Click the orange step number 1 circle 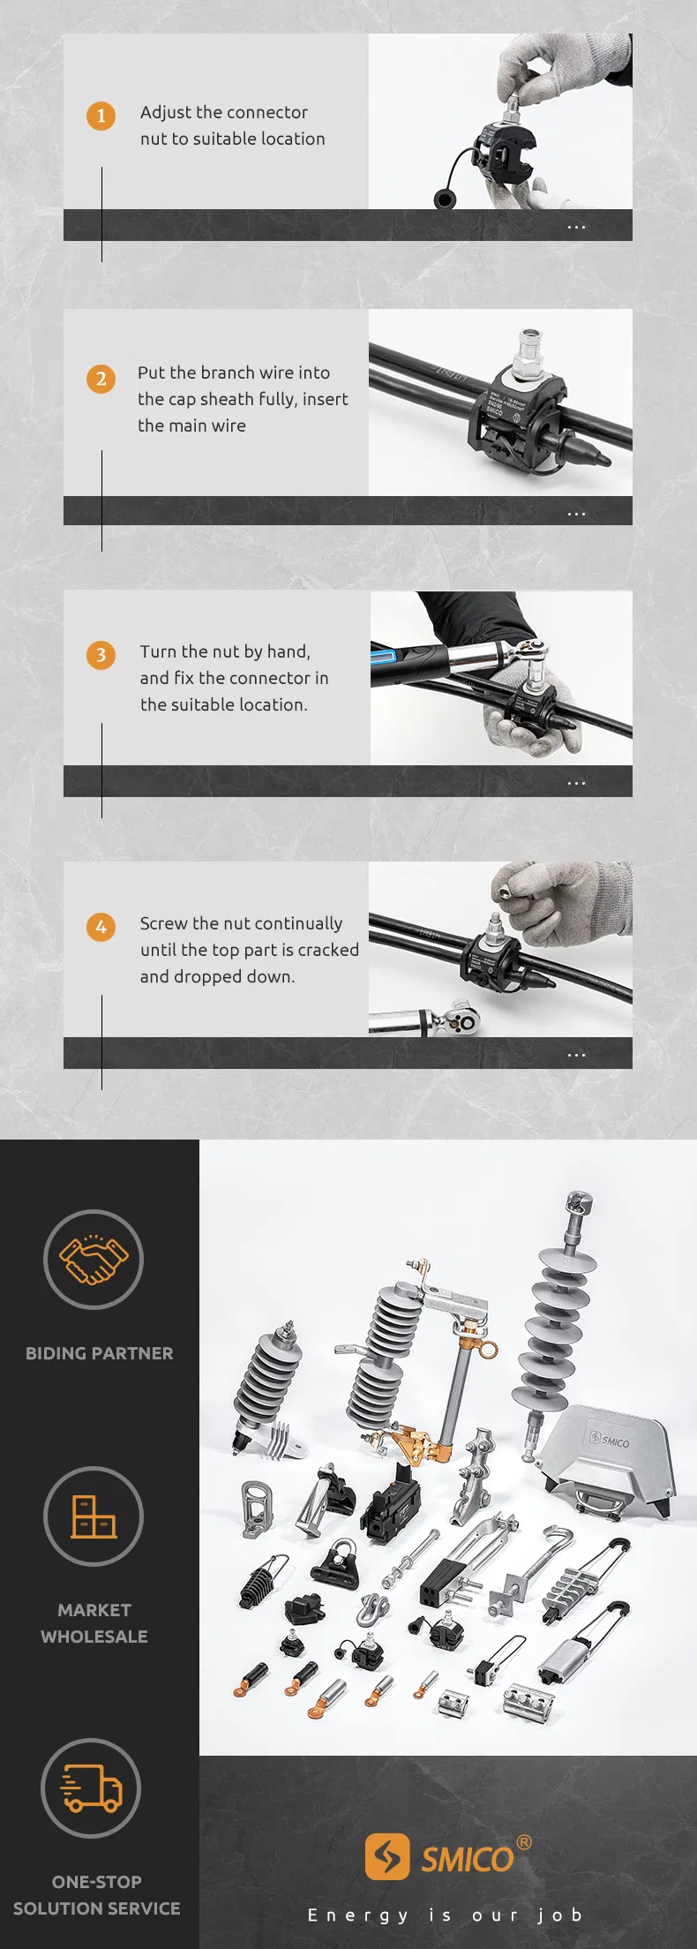click(101, 116)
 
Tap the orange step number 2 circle click(101, 379)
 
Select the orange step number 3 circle click(101, 655)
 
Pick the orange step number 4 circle click(101, 927)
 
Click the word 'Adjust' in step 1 click(165, 113)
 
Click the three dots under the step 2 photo click(576, 514)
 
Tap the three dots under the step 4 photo click(576, 1055)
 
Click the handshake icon click(94, 1260)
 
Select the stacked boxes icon click(94, 1516)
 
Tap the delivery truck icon click(92, 1788)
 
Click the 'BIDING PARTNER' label click(99, 1353)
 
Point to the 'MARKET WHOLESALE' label click(94, 1623)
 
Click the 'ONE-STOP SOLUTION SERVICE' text click(96, 1895)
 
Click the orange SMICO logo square click(387, 1856)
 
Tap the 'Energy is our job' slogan click(445, 1915)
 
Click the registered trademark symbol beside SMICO click(524, 1841)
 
